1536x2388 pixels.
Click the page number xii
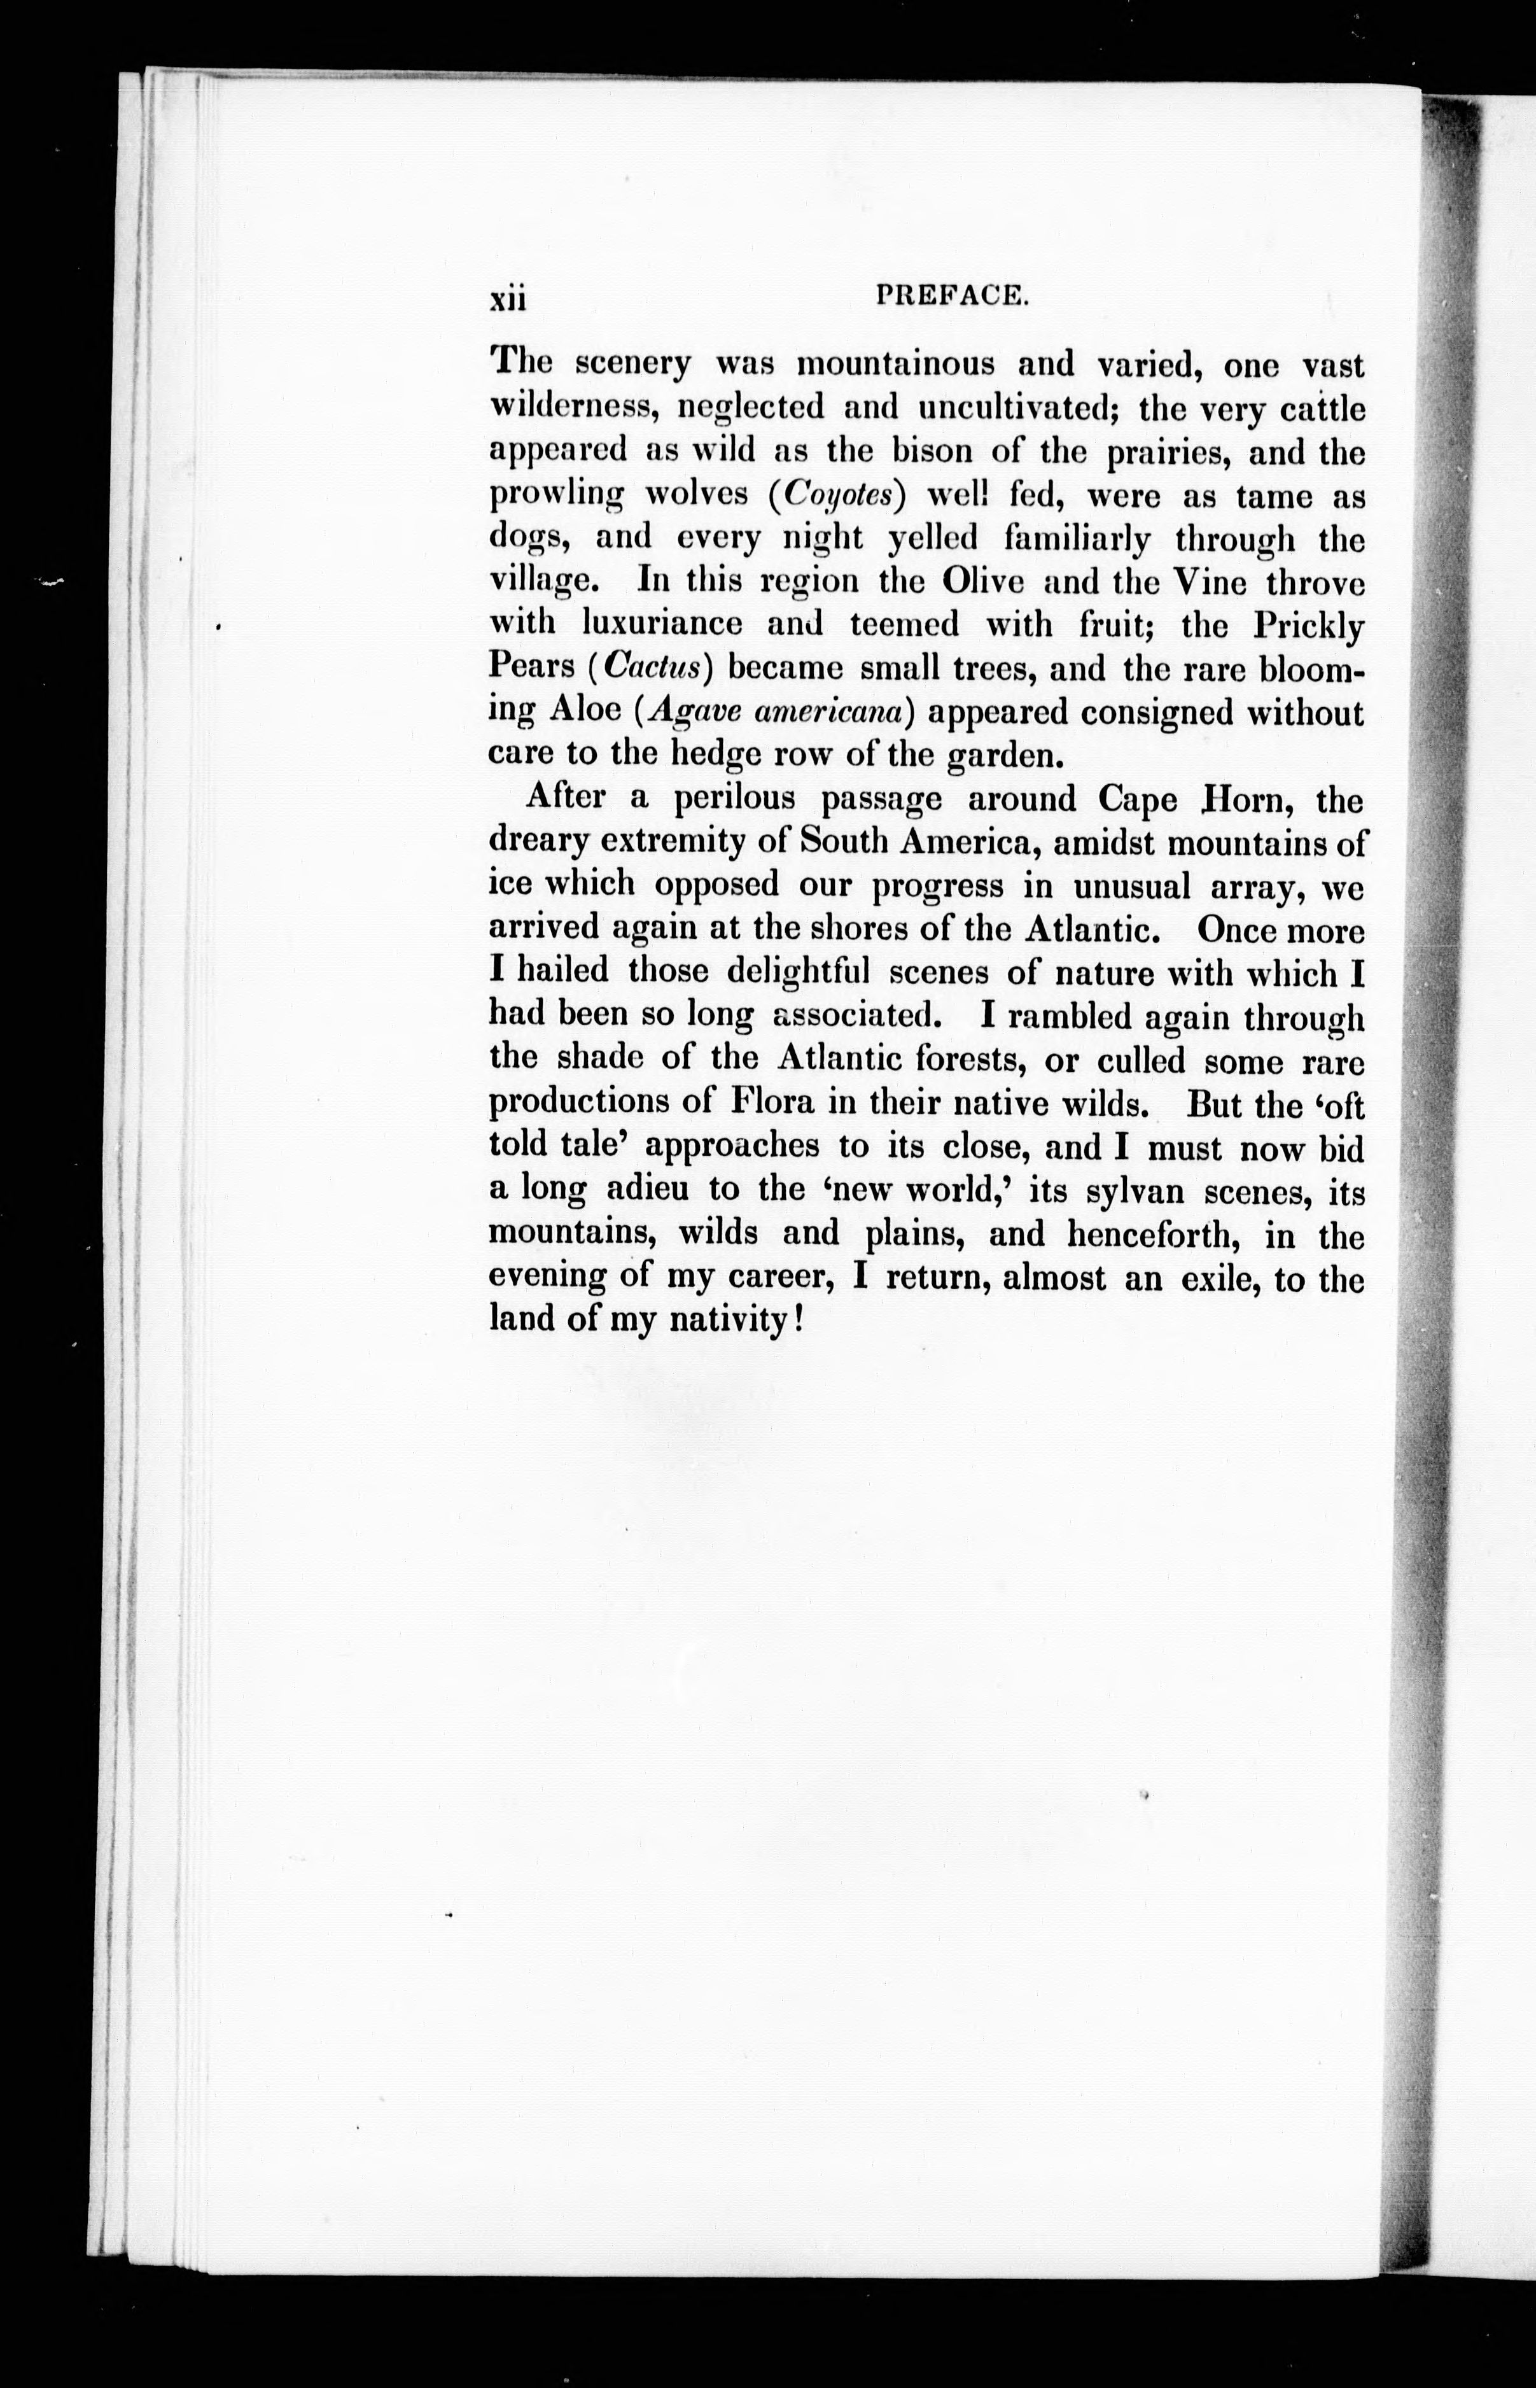[508, 298]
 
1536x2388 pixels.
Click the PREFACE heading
[951, 295]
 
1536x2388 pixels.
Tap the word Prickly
[1308, 626]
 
